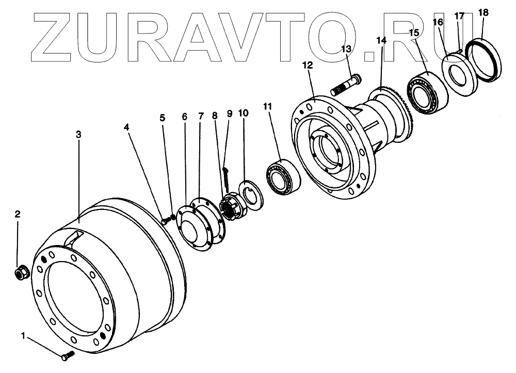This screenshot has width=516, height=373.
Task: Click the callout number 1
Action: tap(23, 336)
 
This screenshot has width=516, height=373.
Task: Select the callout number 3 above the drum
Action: tap(78, 135)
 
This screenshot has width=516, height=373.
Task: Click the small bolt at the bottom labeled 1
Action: tap(67, 355)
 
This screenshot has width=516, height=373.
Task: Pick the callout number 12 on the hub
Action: tap(308, 66)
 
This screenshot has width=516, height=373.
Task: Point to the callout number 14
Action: tap(381, 39)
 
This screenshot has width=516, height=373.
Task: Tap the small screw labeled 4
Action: tap(165, 221)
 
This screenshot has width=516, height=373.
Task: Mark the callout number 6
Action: tap(185, 117)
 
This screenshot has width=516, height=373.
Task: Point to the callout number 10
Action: tap(243, 113)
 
